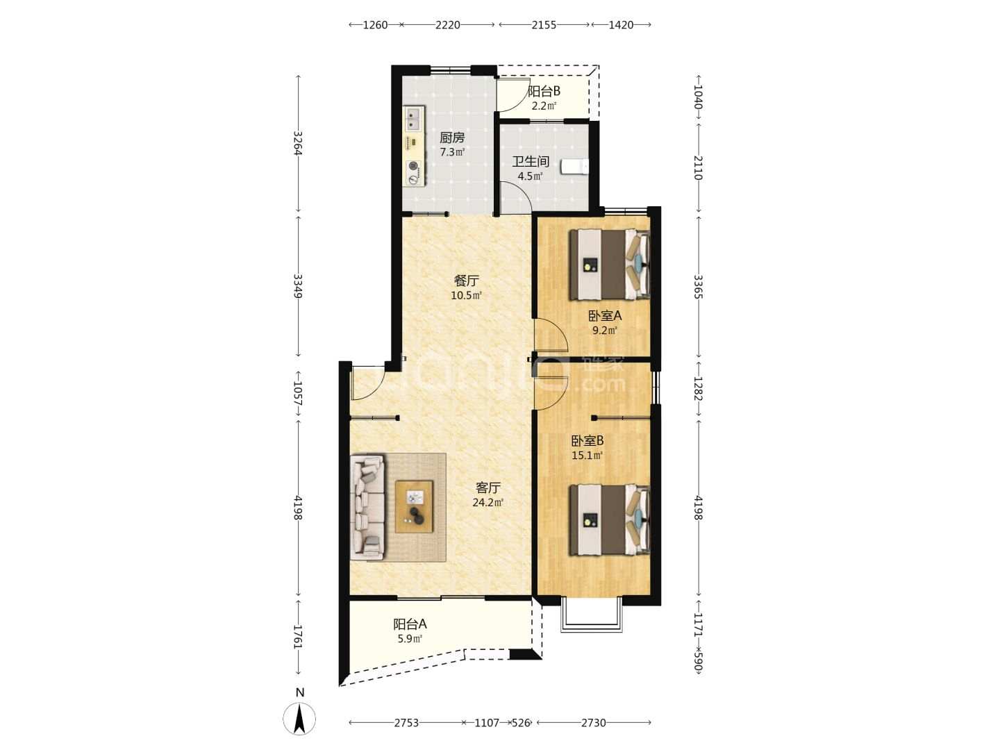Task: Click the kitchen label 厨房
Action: tap(451, 137)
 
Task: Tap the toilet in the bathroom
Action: tap(575, 166)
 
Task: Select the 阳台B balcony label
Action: tap(544, 92)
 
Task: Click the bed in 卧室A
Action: tap(609, 264)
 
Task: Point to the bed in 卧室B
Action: tap(609, 519)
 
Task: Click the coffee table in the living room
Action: tap(414, 506)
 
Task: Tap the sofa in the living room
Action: tap(367, 507)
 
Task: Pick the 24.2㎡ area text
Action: tap(488, 503)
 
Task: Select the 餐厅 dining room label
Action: tap(466, 280)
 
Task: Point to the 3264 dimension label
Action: tap(298, 143)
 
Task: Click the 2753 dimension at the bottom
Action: tap(406, 723)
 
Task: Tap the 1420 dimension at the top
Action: tap(621, 25)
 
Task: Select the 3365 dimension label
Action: tap(698, 287)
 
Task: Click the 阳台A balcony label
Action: tap(410, 624)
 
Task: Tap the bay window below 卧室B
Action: tap(592, 619)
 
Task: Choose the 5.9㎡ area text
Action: tap(410, 638)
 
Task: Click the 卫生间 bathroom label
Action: tap(531, 161)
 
